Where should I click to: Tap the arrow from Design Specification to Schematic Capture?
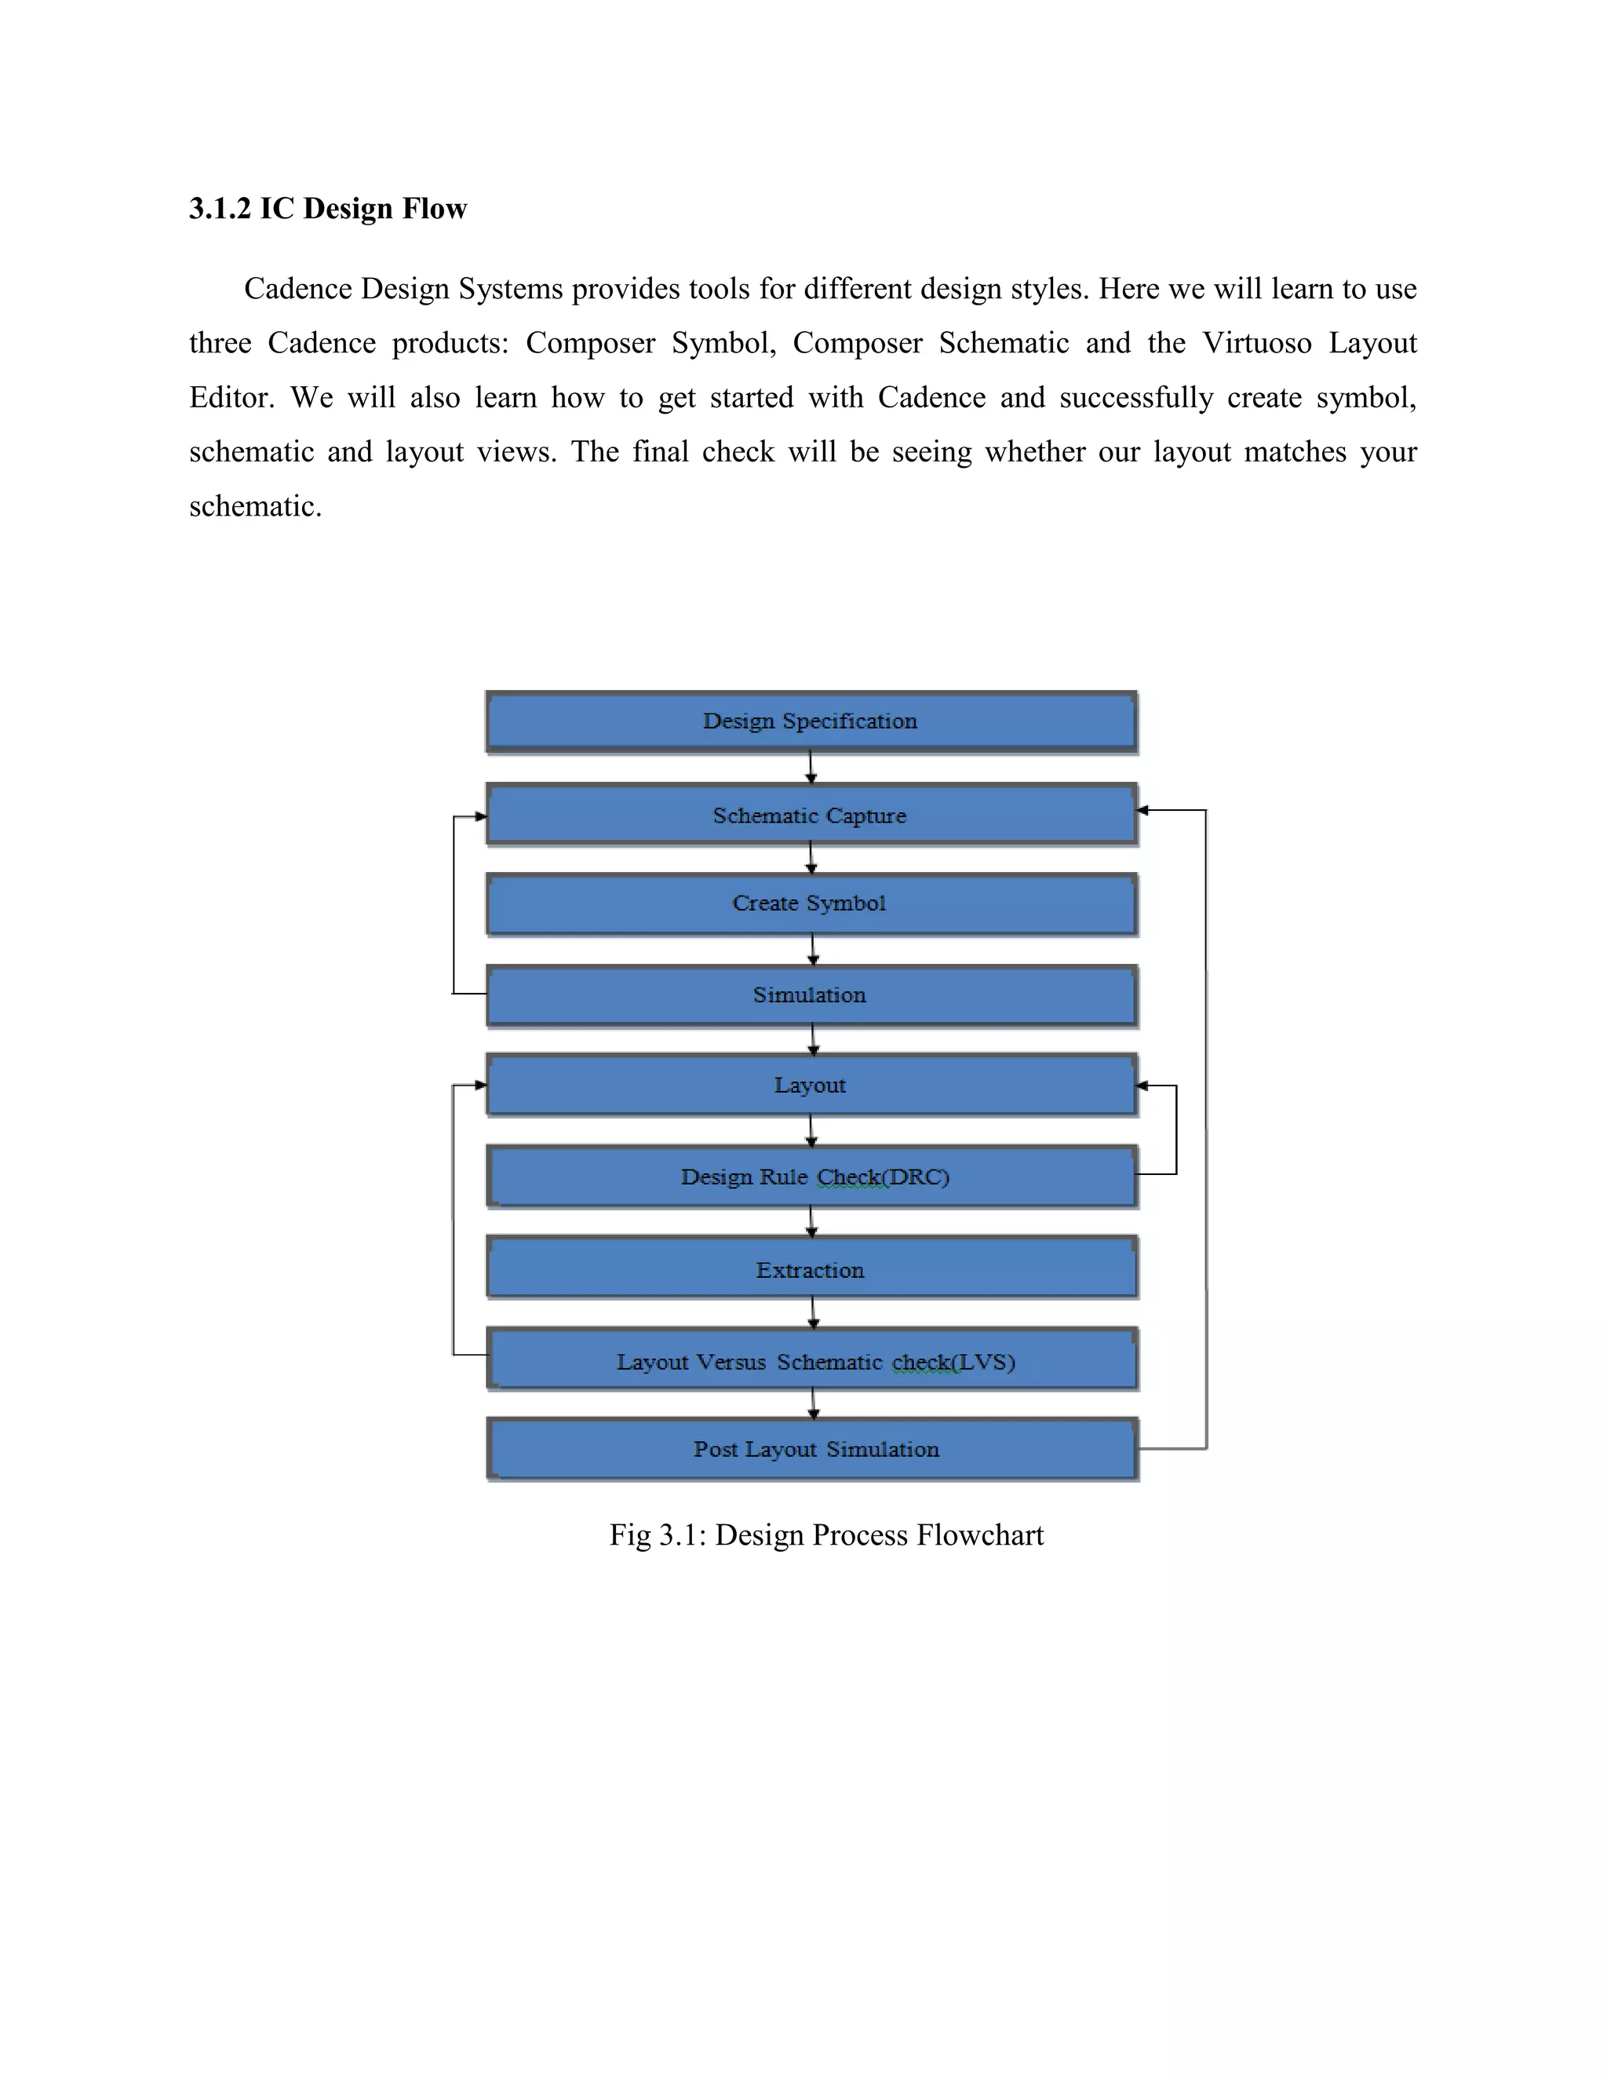coord(811,768)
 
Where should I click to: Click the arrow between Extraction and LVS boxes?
coord(813,1312)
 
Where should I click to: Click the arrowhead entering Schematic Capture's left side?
coord(481,816)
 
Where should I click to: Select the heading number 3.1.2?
coord(220,209)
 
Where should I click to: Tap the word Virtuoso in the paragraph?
coord(1257,343)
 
